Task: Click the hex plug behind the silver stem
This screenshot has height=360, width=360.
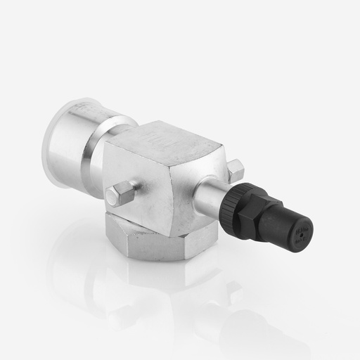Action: pyautogui.click(x=235, y=169)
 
